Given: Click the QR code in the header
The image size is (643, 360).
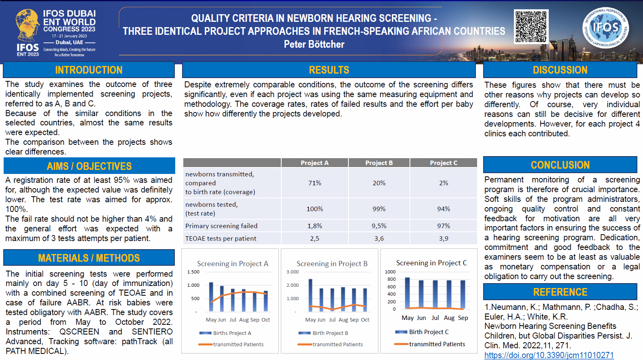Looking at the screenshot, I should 531,27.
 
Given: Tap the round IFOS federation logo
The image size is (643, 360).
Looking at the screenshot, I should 605,28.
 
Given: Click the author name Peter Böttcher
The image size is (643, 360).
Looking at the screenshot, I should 314,44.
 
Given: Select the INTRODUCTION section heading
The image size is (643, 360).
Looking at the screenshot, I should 89,70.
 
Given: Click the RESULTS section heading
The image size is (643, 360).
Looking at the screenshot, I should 329,70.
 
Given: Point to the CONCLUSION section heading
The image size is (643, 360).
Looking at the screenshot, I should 560,165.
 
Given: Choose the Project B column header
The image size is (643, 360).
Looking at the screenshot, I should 379,163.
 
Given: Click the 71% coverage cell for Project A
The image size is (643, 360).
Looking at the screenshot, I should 314,183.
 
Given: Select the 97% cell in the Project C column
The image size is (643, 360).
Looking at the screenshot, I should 444,226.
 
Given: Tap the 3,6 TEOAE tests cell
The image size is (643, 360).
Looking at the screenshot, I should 379,239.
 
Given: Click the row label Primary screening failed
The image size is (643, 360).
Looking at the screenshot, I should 221,226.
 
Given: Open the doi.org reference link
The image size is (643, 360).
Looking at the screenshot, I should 549,355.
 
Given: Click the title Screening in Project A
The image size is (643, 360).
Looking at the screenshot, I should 233,264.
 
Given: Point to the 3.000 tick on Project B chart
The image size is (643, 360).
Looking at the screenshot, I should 293,272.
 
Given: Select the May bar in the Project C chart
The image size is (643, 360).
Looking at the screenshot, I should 407,294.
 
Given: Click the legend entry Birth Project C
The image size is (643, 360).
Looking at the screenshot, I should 429,332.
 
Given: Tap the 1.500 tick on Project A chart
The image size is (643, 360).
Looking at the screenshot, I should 193,272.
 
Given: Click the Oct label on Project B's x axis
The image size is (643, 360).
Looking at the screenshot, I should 365,320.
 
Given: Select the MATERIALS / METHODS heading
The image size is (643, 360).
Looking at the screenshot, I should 89,258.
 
